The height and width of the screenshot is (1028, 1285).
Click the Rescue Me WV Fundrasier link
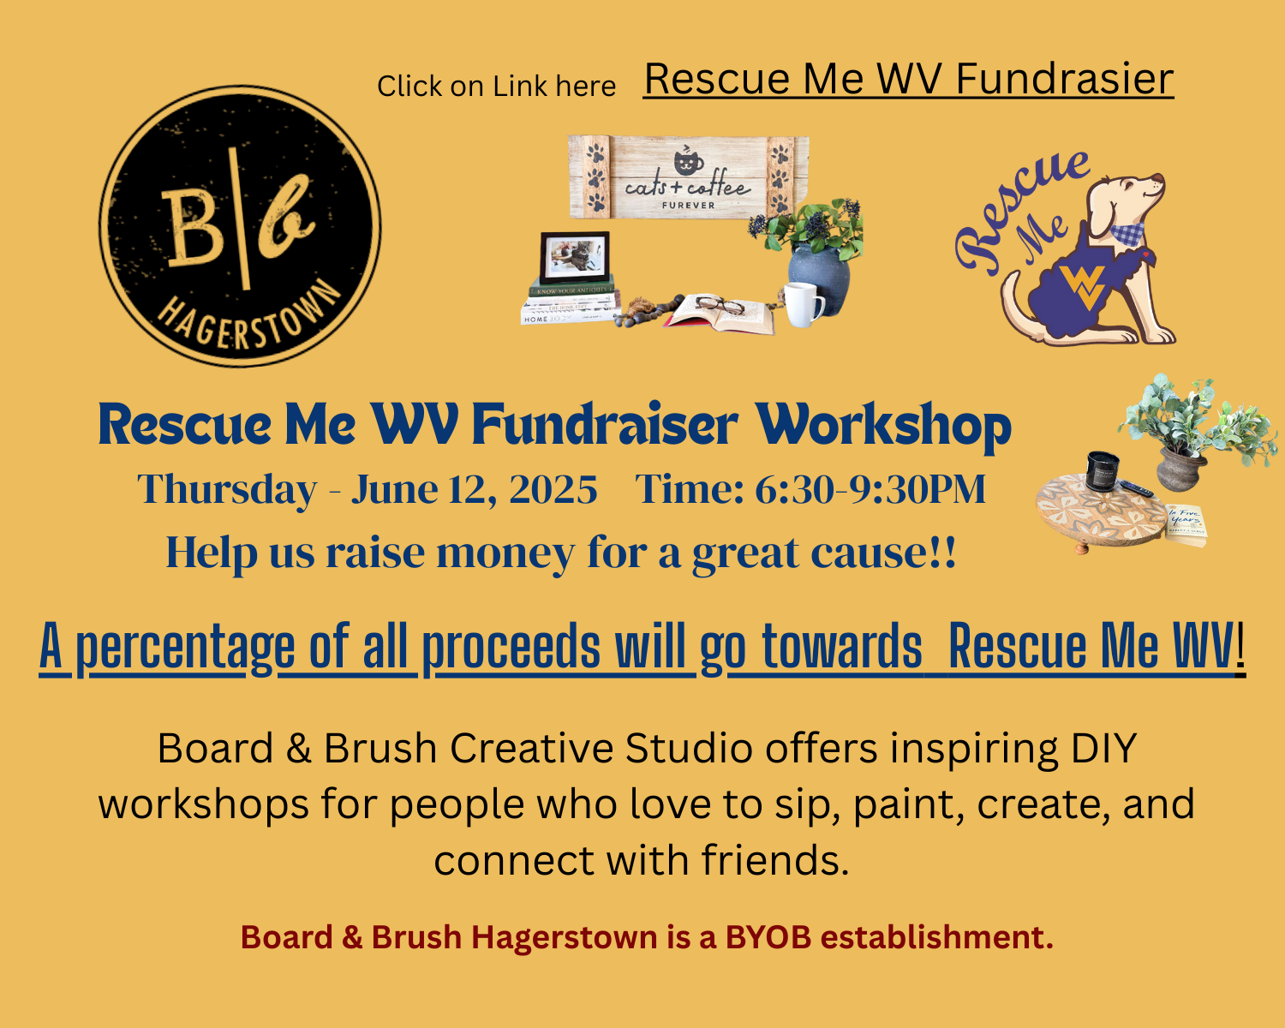pyautogui.click(x=908, y=80)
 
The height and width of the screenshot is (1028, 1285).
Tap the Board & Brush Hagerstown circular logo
pyautogui.click(x=240, y=225)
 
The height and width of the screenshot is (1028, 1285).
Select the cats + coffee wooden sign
pyautogui.click(x=689, y=178)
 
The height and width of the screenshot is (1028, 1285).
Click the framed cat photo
pyautogui.click(x=574, y=257)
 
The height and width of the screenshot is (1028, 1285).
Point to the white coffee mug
pyautogui.click(x=804, y=304)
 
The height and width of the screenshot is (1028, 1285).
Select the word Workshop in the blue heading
pyautogui.click(x=883, y=425)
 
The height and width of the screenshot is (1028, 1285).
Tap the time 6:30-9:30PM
pyautogui.click(x=870, y=490)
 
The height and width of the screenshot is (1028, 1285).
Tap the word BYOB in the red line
pyautogui.click(x=768, y=937)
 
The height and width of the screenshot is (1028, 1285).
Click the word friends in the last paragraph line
pyautogui.click(x=774, y=860)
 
